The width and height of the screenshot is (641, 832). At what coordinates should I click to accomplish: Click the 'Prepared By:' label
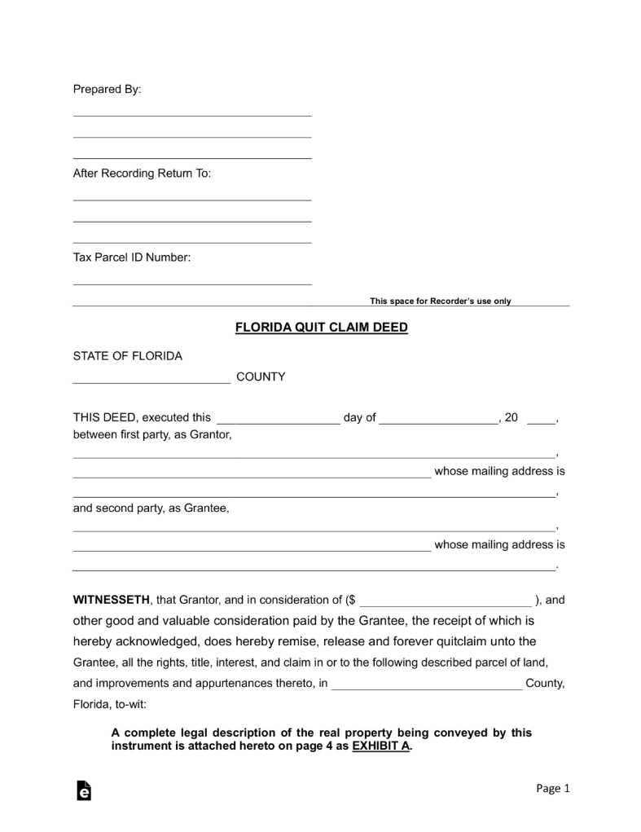tap(107, 90)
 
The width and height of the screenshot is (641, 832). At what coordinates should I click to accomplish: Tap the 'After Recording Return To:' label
tap(142, 174)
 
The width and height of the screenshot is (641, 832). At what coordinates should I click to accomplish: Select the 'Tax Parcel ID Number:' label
tap(132, 258)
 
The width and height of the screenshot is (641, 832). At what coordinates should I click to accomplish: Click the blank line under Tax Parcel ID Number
tap(192, 283)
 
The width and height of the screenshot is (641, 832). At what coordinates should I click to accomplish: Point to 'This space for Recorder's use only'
tap(440, 301)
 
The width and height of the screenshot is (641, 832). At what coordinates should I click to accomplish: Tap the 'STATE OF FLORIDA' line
tap(128, 356)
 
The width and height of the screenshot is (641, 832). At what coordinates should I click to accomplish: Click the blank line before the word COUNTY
tap(151, 381)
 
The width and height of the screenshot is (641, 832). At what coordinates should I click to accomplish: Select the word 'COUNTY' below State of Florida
tap(261, 377)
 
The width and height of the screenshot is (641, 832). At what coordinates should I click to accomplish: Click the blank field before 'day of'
tap(278, 421)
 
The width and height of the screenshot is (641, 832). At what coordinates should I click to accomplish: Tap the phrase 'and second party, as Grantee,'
tap(151, 508)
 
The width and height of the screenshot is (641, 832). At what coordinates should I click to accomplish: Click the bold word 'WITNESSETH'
tap(112, 601)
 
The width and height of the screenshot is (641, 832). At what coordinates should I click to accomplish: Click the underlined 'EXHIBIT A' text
tap(380, 746)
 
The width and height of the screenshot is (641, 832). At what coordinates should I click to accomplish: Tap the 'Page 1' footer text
tap(553, 788)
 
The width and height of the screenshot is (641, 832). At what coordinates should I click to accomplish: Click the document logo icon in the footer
tap(83, 791)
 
